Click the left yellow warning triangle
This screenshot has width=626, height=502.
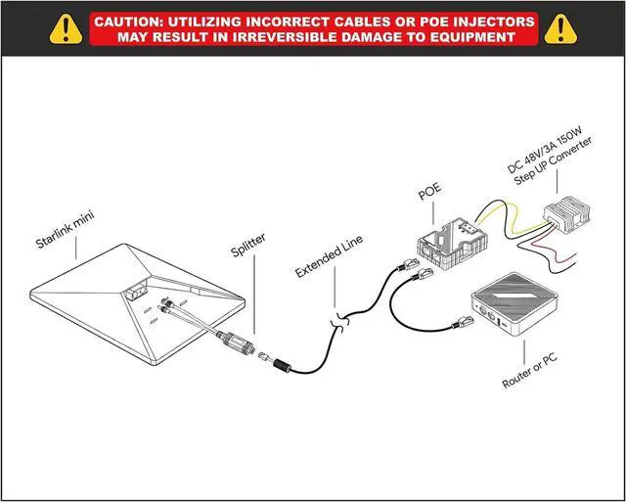pos(65,28)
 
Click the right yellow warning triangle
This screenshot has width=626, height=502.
pos(560,28)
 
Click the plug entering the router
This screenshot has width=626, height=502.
pos(461,322)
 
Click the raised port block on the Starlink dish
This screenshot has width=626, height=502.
pos(135,289)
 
